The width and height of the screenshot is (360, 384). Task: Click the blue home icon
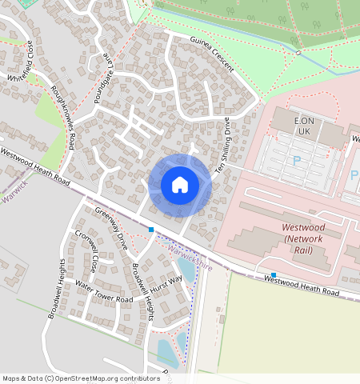tap(180, 185)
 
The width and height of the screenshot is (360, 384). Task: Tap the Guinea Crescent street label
tap(211, 54)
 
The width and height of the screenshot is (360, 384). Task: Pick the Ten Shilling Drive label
tap(222, 148)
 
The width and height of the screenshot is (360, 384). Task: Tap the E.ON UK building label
tap(302, 126)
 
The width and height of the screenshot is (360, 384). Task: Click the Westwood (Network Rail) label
tap(308, 238)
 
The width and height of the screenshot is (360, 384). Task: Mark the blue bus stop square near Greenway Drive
tap(150, 230)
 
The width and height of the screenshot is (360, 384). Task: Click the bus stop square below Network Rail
tap(274, 274)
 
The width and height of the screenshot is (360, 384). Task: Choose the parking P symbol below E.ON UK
tap(297, 161)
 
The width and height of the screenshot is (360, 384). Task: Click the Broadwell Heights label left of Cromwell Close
tap(54, 289)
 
